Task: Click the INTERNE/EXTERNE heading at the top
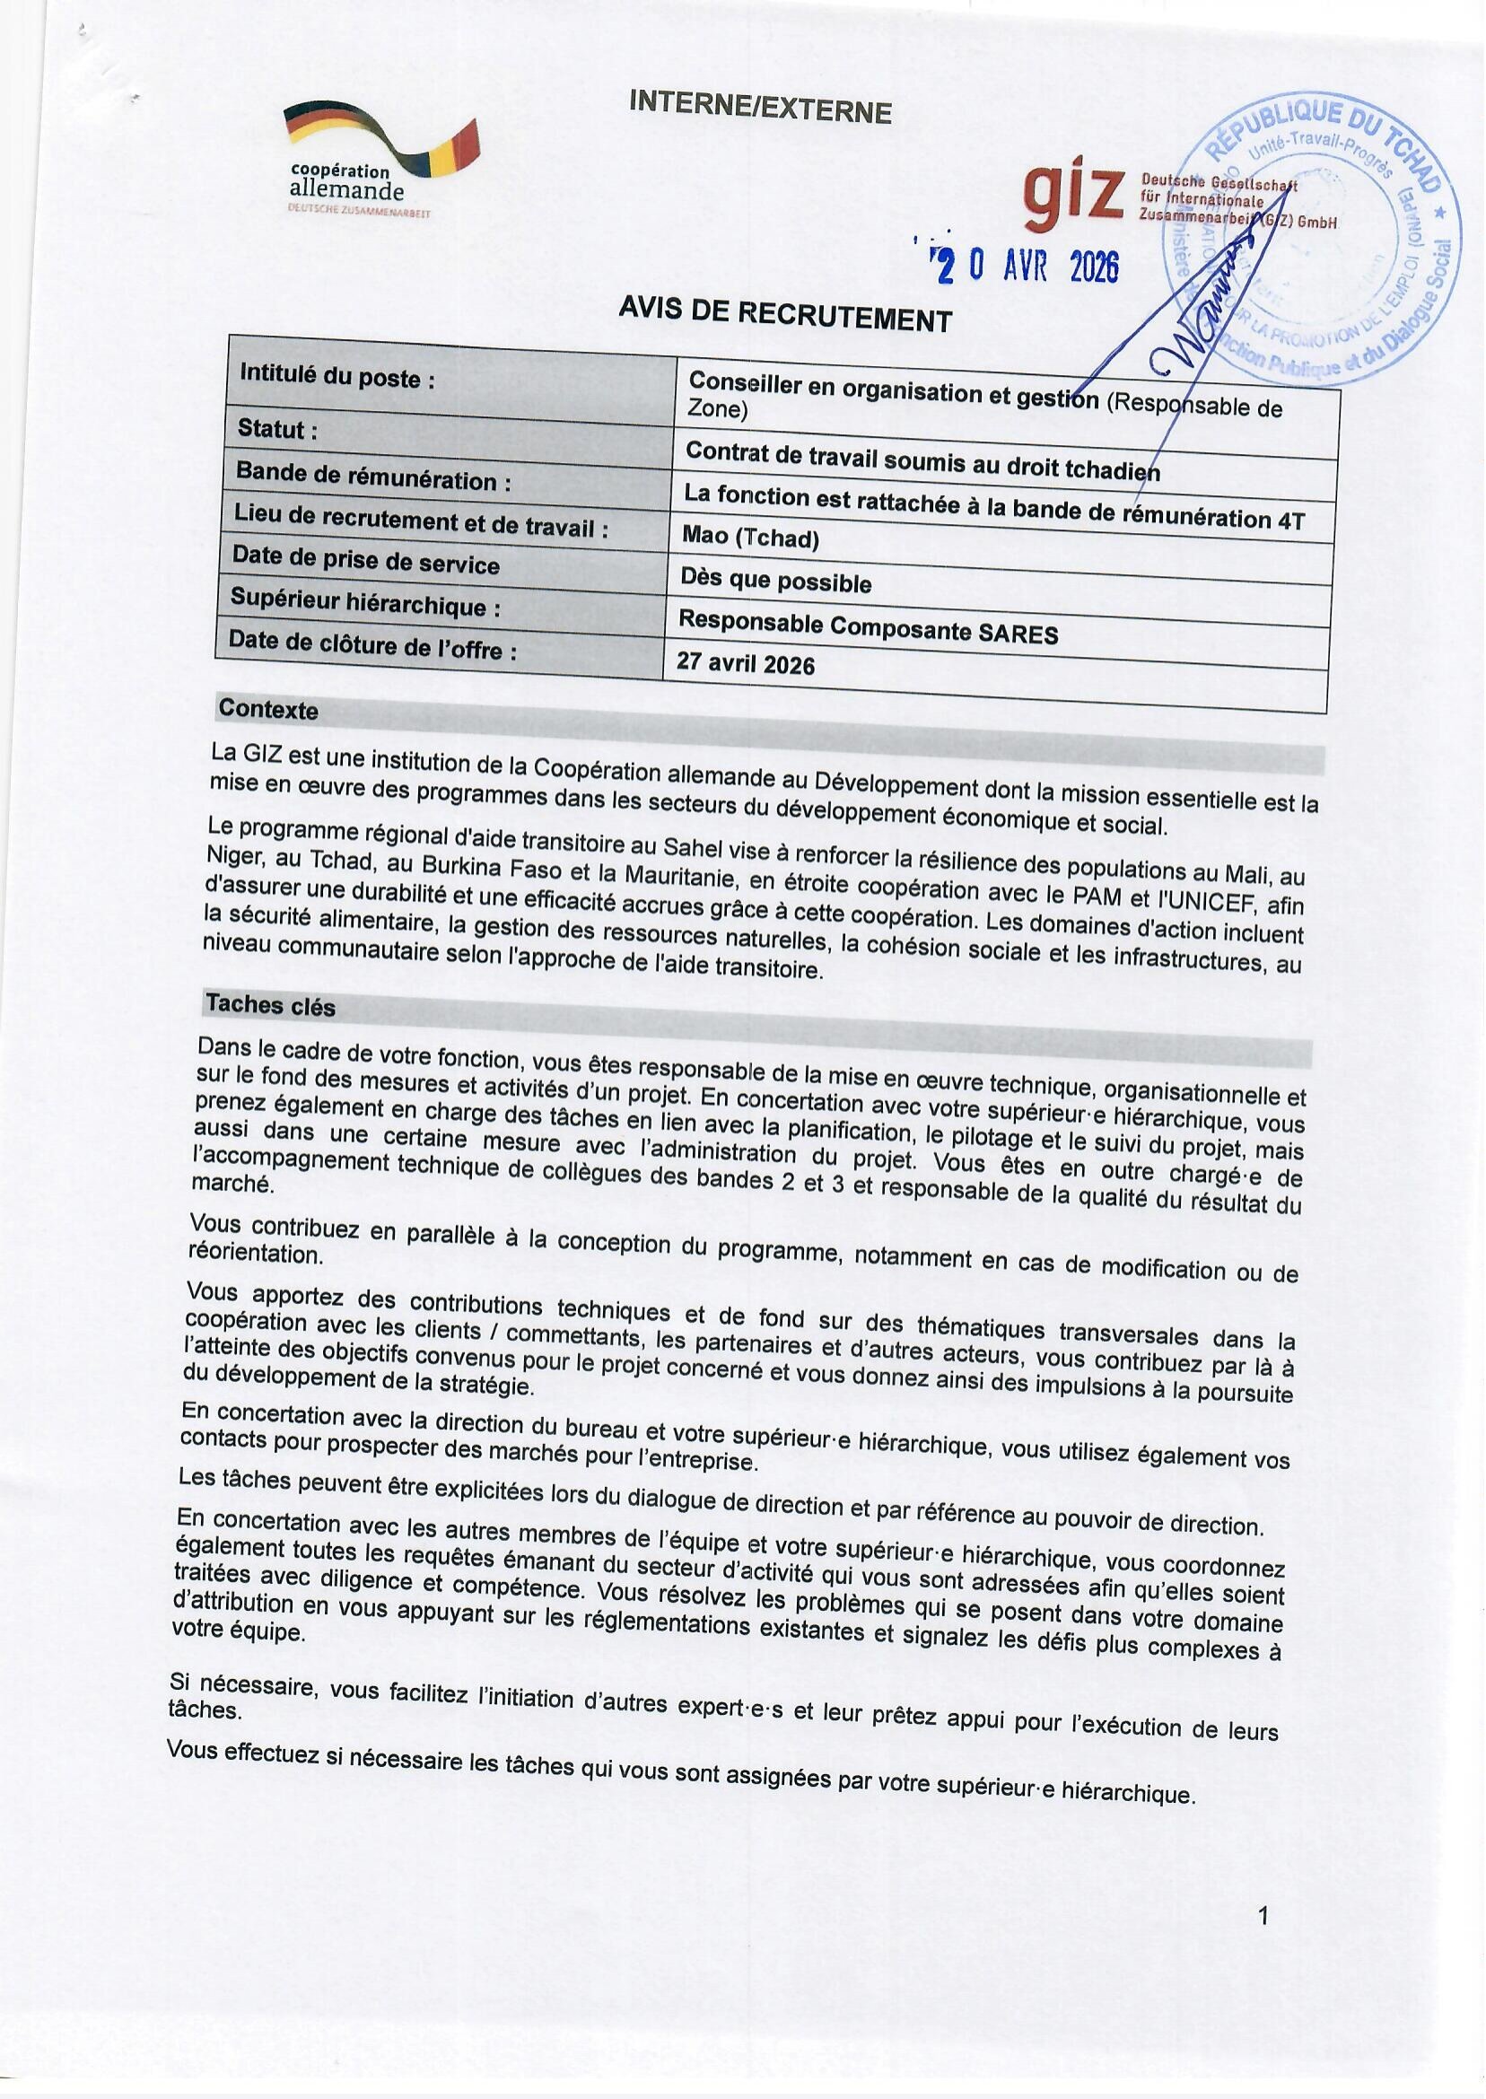point(759,109)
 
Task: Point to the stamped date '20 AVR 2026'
point(1026,266)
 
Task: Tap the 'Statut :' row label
point(277,428)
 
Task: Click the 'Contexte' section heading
point(268,709)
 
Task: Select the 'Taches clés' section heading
point(271,1005)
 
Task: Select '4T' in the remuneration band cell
point(1289,520)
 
